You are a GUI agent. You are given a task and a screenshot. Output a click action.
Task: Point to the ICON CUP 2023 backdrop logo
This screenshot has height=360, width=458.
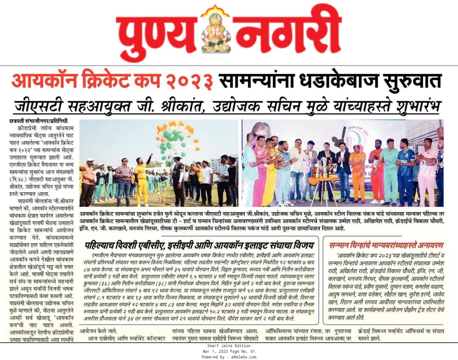point(358,131)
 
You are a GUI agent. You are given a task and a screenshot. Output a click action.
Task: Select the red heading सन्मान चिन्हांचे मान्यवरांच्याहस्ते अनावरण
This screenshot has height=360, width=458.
point(386,245)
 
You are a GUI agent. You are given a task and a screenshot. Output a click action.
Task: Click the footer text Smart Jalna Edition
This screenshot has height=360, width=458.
point(229,346)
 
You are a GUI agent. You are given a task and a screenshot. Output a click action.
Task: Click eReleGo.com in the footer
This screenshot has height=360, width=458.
point(244,357)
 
